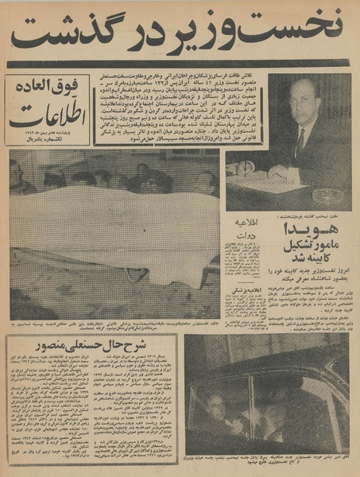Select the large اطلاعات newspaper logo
pos(47,111)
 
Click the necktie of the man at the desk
pos(300,141)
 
